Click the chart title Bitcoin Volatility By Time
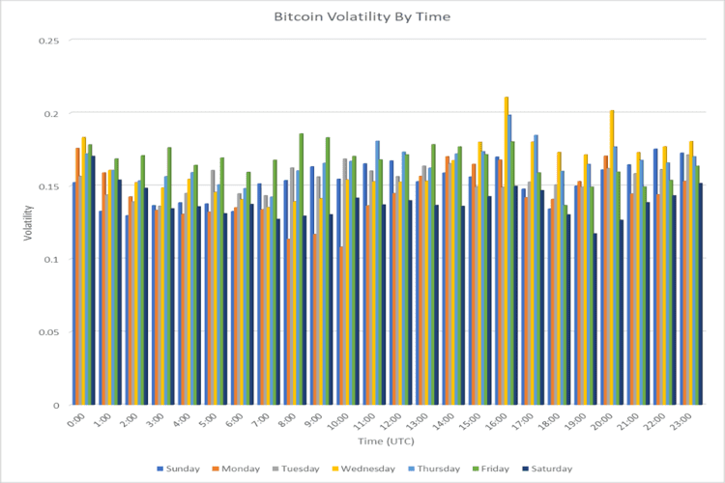(362, 17)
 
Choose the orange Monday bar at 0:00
(78, 276)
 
